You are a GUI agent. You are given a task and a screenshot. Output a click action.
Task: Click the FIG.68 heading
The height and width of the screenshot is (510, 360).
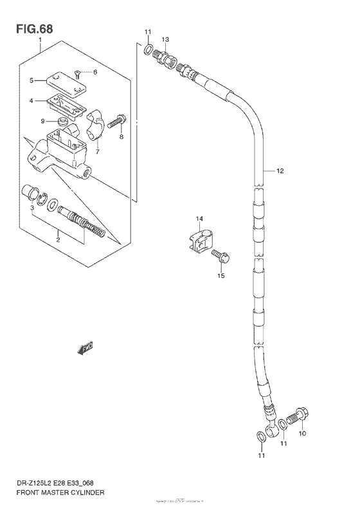(31, 29)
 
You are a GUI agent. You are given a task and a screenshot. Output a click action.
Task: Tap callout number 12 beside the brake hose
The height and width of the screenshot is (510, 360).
(280, 171)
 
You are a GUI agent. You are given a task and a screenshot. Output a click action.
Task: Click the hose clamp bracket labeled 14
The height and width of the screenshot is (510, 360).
(201, 241)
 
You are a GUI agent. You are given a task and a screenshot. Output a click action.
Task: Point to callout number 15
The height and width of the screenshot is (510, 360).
(221, 276)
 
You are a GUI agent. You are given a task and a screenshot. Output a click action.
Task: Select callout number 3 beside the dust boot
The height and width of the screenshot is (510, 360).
(32, 208)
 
